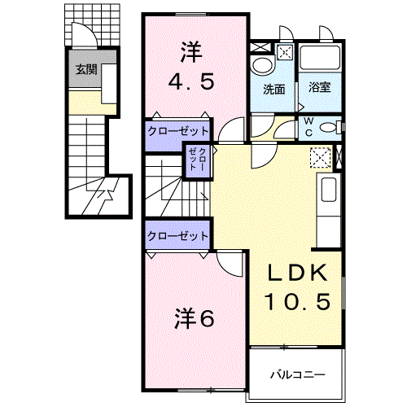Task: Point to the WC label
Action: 309,126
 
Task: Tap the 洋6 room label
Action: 194,318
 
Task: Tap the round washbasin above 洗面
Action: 262,66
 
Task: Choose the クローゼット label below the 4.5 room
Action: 178,131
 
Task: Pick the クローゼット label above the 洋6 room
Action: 178,235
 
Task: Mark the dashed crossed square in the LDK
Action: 320,157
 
